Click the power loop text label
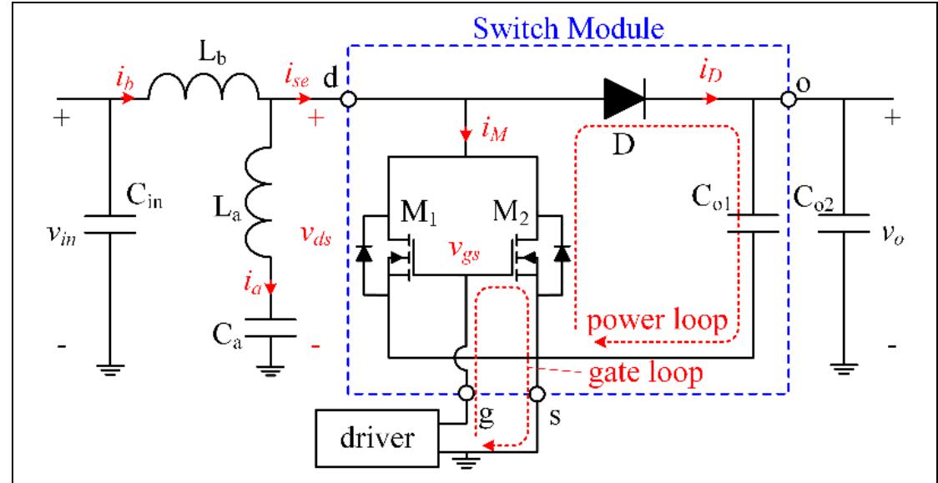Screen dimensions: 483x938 point(656,320)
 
